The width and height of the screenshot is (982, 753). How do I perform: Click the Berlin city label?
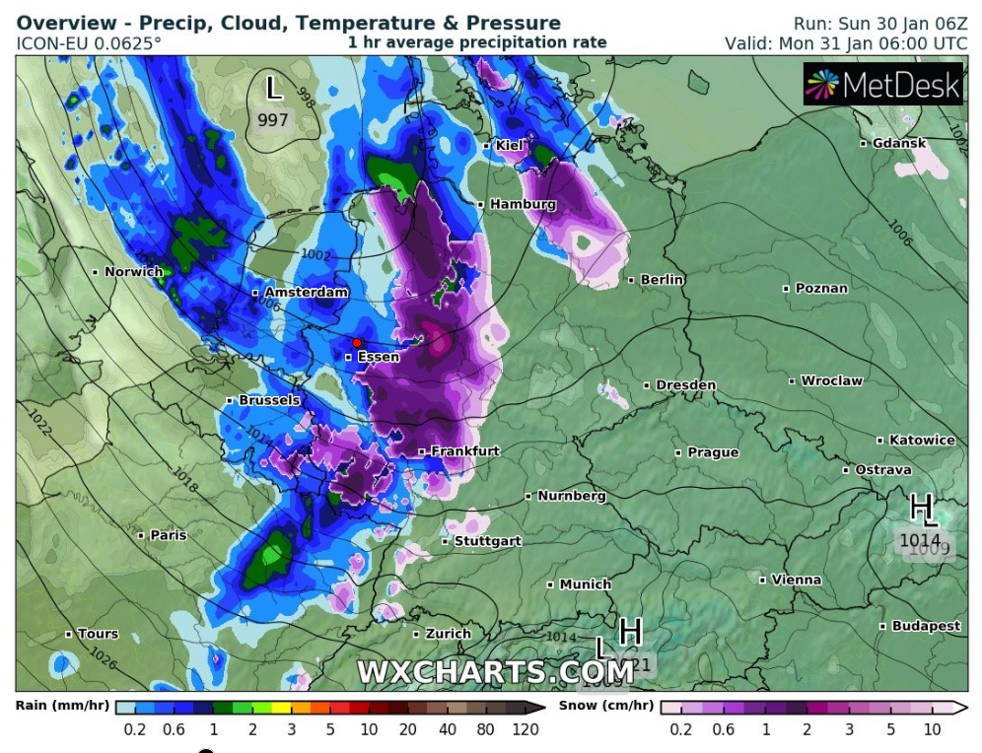(x=662, y=280)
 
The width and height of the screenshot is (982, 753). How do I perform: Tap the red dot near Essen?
(x=357, y=342)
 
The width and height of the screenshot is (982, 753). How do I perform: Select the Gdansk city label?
(x=898, y=143)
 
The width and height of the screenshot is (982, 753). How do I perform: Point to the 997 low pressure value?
(x=273, y=120)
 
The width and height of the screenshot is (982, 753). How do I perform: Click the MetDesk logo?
(x=882, y=85)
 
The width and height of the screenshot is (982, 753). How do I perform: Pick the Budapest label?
(x=926, y=626)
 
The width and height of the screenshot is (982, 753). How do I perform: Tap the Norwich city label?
(x=133, y=271)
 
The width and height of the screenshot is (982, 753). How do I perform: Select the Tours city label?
(x=98, y=634)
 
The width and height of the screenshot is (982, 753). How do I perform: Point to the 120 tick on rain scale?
(x=526, y=729)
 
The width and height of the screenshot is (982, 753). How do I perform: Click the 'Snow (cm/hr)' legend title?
(x=605, y=706)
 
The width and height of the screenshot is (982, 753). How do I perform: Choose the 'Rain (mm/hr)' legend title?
(x=63, y=706)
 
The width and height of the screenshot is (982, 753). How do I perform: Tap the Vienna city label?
(x=796, y=580)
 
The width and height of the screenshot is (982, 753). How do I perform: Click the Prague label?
(x=713, y=452)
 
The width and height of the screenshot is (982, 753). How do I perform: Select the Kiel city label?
(x=509, y=145)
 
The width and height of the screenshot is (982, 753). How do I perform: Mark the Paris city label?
(x=168, y=535)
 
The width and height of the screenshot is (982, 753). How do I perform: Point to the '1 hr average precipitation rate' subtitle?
(x=476, y=42)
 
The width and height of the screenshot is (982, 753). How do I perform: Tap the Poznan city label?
(x=820, y=289)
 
